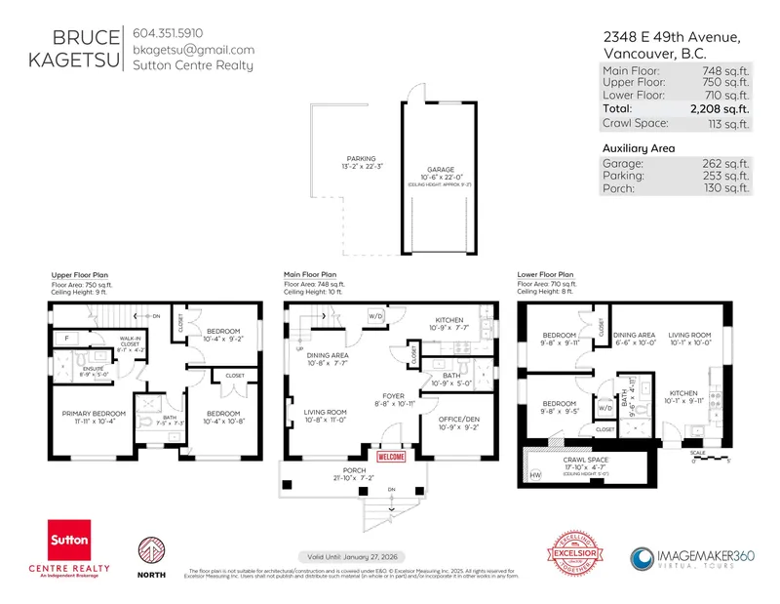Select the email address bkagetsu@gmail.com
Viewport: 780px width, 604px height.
point(193,50)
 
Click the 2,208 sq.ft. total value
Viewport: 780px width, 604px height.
point(720,108)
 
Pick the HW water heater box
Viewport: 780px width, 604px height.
point(534,475)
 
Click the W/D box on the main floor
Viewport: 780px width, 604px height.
point(375,316)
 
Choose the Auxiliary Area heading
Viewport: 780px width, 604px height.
point(641,147)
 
